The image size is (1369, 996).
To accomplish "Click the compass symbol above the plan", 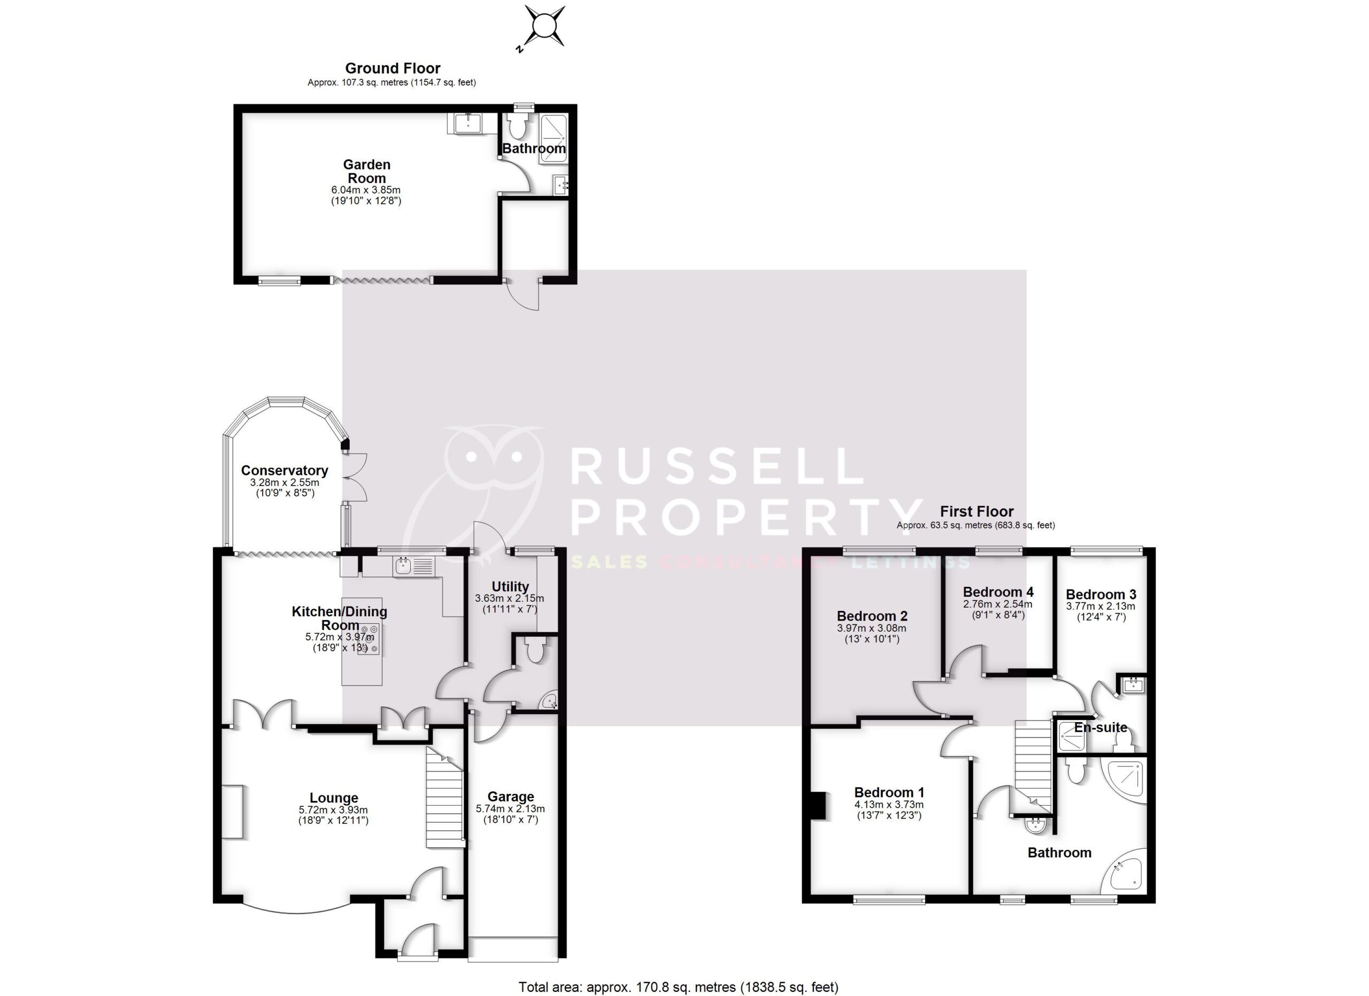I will point(544,27).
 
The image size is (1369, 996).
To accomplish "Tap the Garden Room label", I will point(366,171).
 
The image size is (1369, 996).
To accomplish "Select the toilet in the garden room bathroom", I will point(518,127).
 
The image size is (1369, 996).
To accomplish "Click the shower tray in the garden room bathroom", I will point(553,139).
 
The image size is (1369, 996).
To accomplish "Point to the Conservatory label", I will point(284,470).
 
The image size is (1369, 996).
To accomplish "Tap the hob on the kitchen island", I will point(368,639).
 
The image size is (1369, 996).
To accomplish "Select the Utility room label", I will point(510,586).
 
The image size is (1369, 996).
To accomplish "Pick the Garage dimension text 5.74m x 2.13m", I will point(510,809).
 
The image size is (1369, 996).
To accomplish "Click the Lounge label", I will point(334,798).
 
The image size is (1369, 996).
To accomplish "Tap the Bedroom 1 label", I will point(889,792).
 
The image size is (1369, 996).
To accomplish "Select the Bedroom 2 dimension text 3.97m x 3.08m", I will point(872,628).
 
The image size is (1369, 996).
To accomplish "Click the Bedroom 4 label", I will point(998,592).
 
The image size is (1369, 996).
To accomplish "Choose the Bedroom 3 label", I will point(1101,594).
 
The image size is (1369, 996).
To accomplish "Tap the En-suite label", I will point(1101,727).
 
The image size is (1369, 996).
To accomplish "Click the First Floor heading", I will point(976,511).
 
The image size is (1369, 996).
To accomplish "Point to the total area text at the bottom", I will point(679,987).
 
